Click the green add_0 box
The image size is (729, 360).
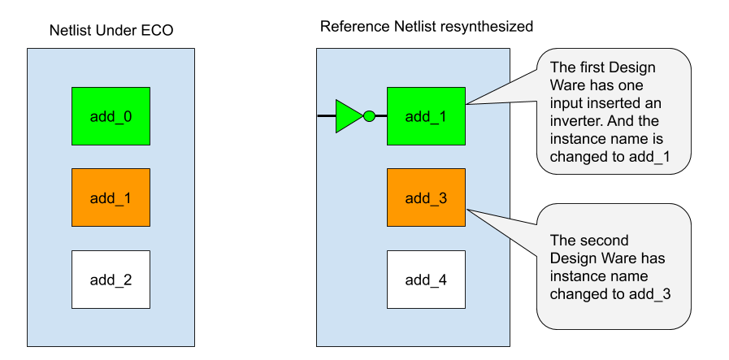[x=111, y=116]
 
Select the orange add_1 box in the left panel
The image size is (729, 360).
[x=111, y=197]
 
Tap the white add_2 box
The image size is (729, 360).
[x=111, y=280]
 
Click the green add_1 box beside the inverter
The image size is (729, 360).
[x=426, y=116]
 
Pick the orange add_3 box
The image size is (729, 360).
[x=426, y=197]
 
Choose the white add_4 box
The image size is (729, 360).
[x=426, y=280]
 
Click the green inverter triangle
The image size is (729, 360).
[x=348, y=116]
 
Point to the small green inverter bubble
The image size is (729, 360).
[x=369, y=116]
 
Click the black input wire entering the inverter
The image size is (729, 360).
[x=326, y=116]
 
